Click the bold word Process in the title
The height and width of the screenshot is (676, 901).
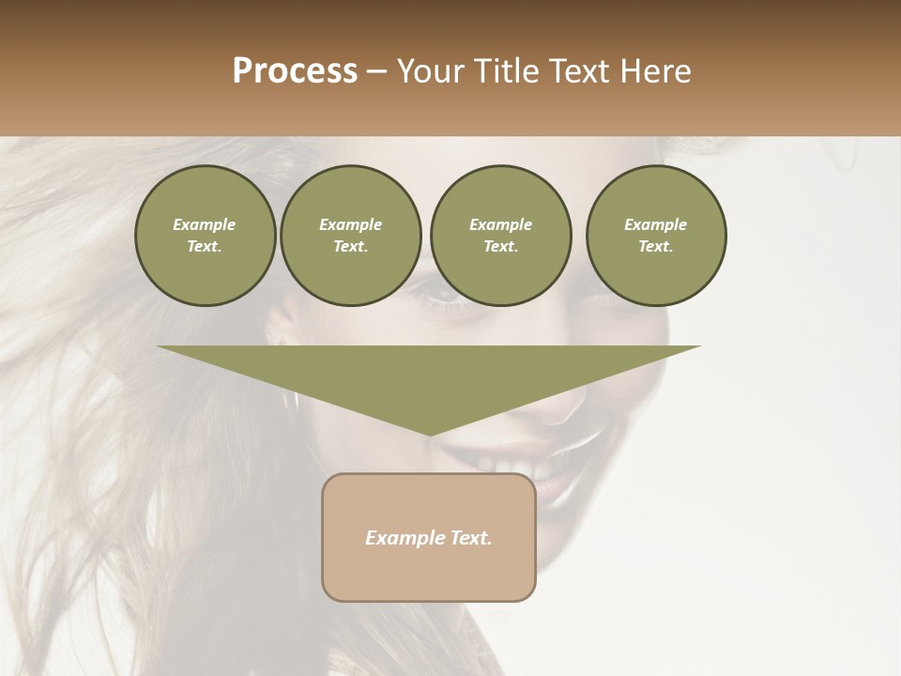coord(295,71)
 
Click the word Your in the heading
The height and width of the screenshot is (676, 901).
coord(430,71)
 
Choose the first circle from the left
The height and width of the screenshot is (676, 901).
coord(205,236)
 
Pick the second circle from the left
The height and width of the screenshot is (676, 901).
coord(350,236)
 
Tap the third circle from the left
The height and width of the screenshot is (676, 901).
coord(500,236)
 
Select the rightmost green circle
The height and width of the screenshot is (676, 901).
coord(656,236)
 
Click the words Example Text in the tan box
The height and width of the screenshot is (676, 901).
coord(429,538)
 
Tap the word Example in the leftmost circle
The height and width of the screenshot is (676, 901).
coord(205,224)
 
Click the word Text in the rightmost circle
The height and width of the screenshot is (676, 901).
coord(656,247)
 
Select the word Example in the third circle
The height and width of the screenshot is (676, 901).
coord(500,224)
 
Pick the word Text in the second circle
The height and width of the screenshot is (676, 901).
coord(350,247)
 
